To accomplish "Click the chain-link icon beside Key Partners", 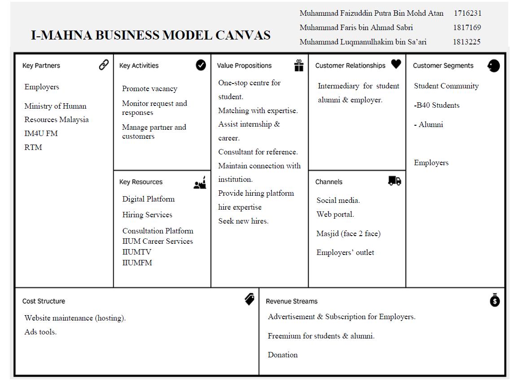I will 104,65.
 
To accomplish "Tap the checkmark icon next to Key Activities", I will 201,65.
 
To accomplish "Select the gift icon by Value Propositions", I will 299,66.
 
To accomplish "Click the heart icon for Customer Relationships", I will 396,65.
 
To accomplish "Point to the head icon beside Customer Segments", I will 493,66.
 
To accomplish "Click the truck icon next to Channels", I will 395,181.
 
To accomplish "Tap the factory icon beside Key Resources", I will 200,182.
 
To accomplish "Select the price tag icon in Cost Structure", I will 250,299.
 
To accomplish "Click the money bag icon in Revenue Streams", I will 495,300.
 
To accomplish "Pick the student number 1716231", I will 467,13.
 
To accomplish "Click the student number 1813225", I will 467,42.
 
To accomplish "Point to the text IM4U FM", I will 41,133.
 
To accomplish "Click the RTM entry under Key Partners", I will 33,147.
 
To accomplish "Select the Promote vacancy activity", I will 149,89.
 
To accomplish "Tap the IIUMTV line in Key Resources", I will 137,252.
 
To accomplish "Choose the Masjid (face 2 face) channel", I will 348,233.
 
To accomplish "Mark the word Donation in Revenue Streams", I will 283,355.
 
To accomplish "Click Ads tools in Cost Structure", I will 40,332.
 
